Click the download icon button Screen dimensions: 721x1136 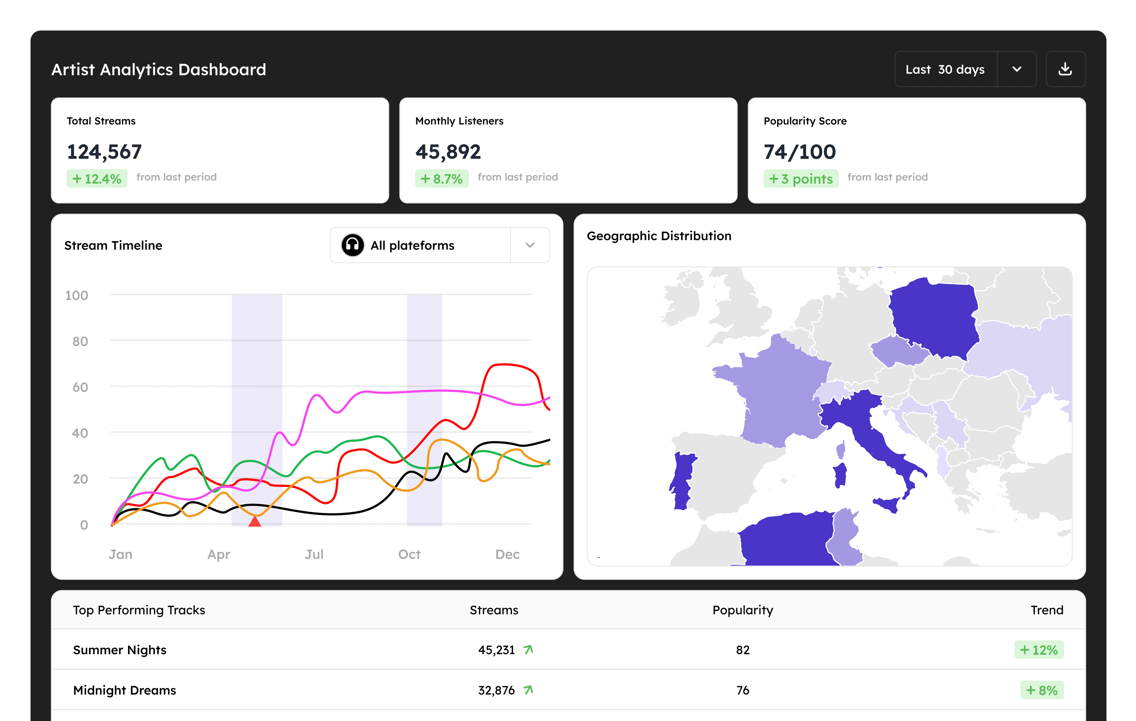1065,69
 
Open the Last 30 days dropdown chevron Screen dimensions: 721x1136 1017,69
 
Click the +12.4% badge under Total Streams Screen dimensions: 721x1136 97,179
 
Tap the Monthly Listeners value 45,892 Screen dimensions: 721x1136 448,152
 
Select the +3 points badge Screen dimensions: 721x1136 801,179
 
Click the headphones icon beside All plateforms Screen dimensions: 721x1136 352,245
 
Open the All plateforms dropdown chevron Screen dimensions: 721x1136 530,245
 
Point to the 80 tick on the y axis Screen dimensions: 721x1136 80,341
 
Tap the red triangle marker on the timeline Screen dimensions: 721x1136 255,522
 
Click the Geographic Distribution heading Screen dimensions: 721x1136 659,236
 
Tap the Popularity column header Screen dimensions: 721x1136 743,610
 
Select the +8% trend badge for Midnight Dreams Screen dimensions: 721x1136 1042,690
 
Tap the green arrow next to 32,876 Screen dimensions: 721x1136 528,690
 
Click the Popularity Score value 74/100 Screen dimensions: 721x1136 800,152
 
